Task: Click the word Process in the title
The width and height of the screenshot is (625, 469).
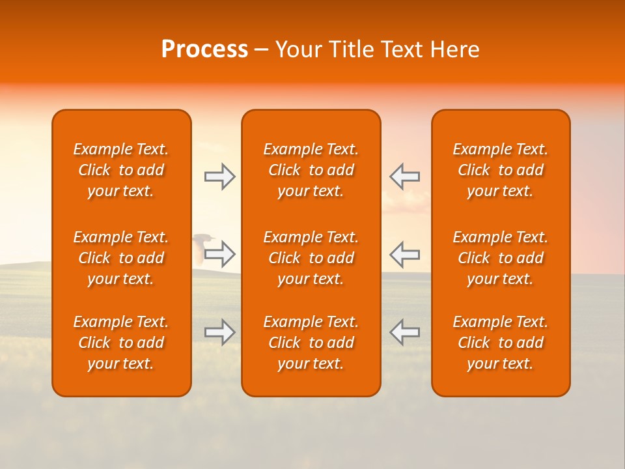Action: click(x=204, y=50)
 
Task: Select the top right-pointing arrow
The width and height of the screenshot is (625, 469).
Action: click(x=220, y=177)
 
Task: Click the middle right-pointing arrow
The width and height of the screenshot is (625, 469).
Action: click(x=220, y=254)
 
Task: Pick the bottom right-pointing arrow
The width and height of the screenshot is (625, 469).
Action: click(x=220, y=332)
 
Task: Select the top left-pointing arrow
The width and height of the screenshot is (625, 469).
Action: click(x=404, y=177)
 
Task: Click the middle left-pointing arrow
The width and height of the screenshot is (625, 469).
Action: click(x=404, y=254)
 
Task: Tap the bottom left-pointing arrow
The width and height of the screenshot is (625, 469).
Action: click(x=404, y=332)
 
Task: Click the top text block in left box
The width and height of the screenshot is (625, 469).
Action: click(x=121, y=170)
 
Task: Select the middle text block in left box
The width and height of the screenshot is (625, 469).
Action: click(x=121, y=258)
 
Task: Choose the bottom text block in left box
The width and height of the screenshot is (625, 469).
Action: click(x=121, y=343)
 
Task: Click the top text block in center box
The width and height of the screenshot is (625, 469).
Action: click(x=311, y=170)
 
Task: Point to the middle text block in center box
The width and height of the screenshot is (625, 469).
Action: click(x=311, y=258)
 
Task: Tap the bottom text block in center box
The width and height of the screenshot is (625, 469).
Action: click(x=311, y=343)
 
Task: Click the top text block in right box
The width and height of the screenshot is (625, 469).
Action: click(x=501, y=170)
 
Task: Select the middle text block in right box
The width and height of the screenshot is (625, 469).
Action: click(x=501, y=258)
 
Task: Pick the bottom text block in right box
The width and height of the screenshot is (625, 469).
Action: click(x=501, y=343)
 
